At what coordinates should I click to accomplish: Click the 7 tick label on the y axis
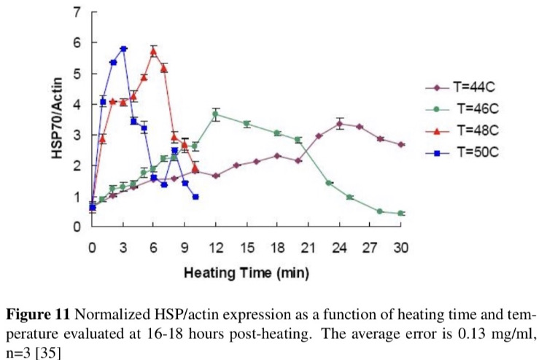[75, 13]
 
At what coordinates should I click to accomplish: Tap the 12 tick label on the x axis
[216, 245]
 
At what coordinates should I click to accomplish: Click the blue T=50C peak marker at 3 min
[123, 49]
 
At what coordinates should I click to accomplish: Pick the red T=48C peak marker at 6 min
[154, 51]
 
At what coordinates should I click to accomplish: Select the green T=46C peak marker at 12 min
[216, 114]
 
